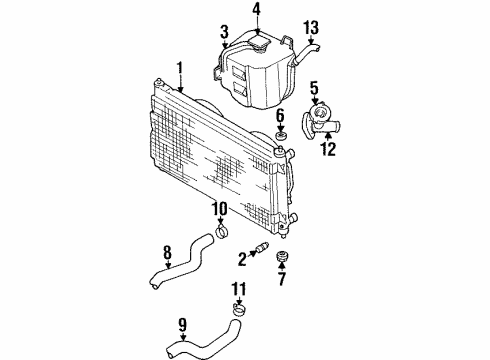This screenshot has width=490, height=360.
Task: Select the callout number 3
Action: [225, 31]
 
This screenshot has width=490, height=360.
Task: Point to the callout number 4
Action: [256, 12]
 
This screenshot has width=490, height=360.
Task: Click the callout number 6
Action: [281, 115]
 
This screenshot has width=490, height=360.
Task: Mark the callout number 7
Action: [282, 278]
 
